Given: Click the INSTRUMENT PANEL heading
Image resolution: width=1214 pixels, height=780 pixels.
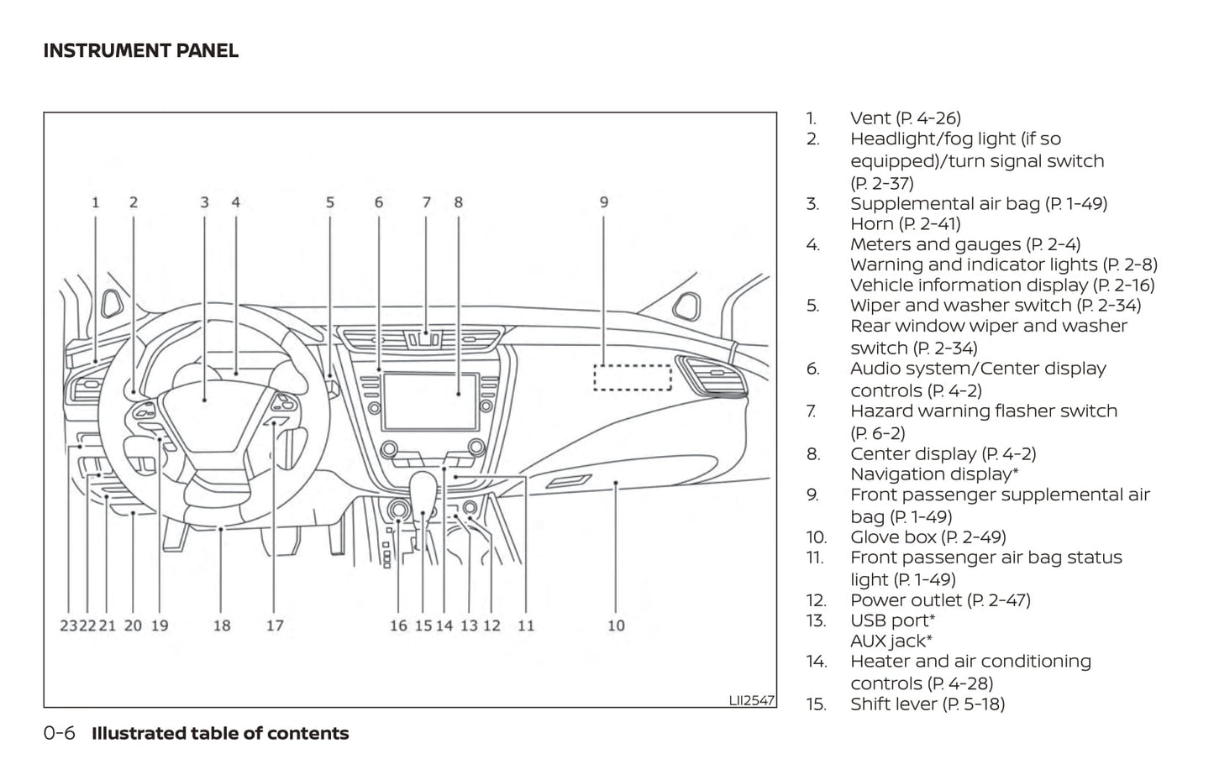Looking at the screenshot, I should [x=140, y=50].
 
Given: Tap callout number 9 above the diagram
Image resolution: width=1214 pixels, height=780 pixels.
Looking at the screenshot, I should [x=604, y=202].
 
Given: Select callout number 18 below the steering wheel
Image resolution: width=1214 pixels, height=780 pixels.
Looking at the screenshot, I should [x=222, y=626].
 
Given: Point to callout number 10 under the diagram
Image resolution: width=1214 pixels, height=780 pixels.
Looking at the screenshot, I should [x=616, y=626].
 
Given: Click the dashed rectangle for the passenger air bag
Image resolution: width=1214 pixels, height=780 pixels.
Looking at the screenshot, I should [x=633, y=377].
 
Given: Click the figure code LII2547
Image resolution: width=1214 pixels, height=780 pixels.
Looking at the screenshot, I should [x=751, y=699].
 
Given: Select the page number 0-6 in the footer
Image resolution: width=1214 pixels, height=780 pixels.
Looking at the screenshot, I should [x=60, y=733].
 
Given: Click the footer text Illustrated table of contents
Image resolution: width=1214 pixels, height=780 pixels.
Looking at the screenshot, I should [x=220, y=733].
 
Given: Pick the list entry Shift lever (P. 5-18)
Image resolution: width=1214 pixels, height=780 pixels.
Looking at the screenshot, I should [x=927, y=704].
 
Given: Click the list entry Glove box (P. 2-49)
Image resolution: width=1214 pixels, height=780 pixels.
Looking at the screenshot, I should [x=928, y=537].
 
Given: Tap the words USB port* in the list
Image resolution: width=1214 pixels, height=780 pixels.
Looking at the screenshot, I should [x=892, y=620].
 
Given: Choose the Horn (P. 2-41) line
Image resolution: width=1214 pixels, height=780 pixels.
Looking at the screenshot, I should [x=905, y=223].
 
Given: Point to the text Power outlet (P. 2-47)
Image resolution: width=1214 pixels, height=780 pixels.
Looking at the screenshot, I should [x=940, y=599].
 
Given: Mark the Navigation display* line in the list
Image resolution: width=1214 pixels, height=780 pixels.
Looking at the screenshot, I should [x=934, y=474].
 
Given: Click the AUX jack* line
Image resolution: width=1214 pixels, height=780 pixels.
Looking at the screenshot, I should [x=891, y=641].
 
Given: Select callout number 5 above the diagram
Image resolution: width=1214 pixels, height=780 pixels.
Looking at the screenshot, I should [x=330, y=202].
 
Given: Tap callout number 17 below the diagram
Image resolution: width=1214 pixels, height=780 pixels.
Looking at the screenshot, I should [x=275, y=626].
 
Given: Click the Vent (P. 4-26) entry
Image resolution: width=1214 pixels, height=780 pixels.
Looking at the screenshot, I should [x=905, y=118].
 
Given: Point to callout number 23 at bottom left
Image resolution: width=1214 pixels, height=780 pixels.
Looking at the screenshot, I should [x=68, y=626].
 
